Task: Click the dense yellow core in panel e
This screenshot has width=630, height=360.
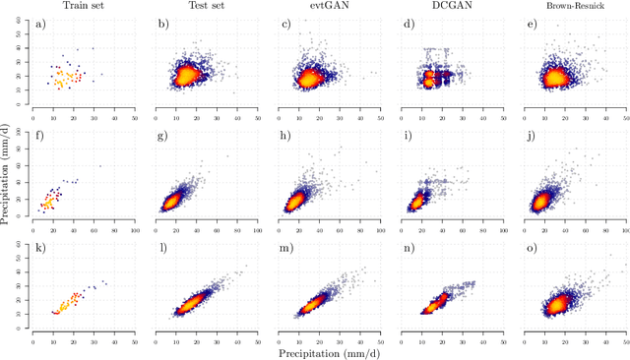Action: (x=555, y=77)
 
